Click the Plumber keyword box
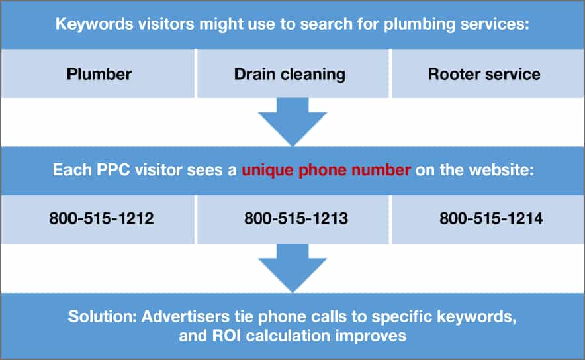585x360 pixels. [x=99, y=73]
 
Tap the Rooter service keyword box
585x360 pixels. [x=484, y=73]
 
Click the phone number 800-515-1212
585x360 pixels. [x=101, y=218]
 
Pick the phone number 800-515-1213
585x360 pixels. [x=296, y=218]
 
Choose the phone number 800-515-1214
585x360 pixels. [x=490, y=218]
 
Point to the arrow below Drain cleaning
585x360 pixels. [x=292, y=121]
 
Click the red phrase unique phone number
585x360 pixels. [x=326, y=170]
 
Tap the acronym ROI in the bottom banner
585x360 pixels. [x=224, y=336]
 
